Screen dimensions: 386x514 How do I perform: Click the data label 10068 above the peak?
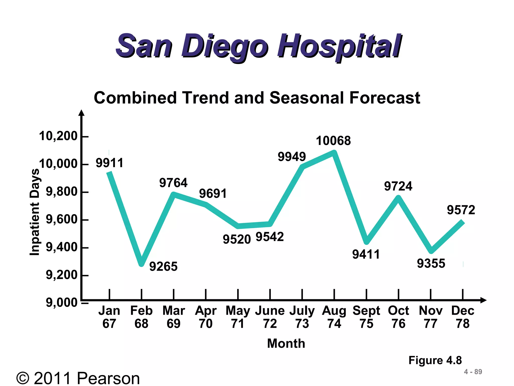pyautogui.click(x=333, y=141)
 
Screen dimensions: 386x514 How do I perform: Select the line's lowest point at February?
pyautogui.click(x=141, y=263)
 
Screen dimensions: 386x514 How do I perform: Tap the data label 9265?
pyautogui.click(x=163, y=266)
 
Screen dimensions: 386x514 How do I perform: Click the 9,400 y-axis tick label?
pyautogui.click(x=61, y=247)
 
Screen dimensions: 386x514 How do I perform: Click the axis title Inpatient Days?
pyautogui.click(x=35, y=212)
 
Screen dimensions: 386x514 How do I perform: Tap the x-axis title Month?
pyautogui.click(x=286, y=344)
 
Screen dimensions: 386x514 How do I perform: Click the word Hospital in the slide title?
pyautogui.click(x=339, y=46)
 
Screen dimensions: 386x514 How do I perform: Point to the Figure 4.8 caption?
pyautogui.click(x=435, y=360)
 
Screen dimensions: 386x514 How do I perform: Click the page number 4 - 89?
pyautogui.click(x=473, y=372)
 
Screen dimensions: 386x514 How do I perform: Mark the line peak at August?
pyautogui.click(x=334, y=152)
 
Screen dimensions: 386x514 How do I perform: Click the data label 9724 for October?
pyautogui.click(x=398, y=186)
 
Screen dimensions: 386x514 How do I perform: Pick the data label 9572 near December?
pyautogui.click(x=461, y=210)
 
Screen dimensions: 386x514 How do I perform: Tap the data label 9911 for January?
pyautogui.click(x=110, y=163)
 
